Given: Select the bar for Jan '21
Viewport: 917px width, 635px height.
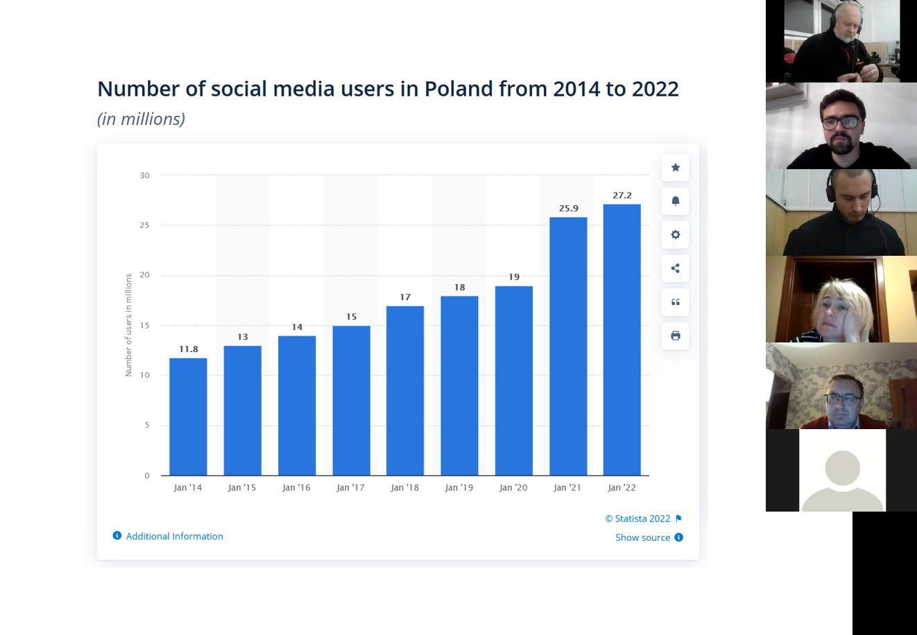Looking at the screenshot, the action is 568,346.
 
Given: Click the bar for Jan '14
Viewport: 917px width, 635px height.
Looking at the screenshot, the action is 188,417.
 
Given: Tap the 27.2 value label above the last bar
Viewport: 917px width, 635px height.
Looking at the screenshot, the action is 622,195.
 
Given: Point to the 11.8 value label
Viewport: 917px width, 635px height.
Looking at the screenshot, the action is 188,349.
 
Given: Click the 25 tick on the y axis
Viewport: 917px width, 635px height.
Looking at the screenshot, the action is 144,225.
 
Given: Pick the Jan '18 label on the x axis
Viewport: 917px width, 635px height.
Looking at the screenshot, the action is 405,487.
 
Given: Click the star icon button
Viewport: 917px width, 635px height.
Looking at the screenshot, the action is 676,167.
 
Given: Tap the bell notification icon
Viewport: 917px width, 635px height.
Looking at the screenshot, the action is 676,201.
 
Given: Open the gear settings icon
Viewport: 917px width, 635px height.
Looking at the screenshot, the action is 676,234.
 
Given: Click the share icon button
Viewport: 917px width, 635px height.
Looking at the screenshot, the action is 676,268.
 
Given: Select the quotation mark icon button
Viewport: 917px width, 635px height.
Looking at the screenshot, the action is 676,302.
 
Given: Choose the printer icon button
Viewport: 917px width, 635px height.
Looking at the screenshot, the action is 676,336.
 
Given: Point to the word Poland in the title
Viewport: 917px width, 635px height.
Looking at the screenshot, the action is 458,89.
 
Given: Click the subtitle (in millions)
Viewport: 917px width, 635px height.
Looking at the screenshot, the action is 142,119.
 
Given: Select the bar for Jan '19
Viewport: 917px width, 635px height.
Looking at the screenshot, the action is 459,386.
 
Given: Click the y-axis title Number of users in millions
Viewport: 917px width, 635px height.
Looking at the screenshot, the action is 128,325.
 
